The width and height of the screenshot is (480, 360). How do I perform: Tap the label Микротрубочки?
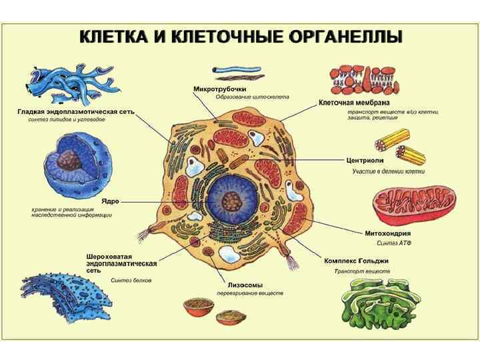coord(220,89)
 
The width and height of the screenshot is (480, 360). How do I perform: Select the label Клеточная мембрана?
coord(353,103)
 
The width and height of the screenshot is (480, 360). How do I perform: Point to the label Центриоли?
coord(365,161)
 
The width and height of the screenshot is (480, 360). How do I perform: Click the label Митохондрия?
coord(388,233)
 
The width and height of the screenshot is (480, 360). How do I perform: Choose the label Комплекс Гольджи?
coord(357,260)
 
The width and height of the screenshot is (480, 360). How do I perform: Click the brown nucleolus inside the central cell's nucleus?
coord(231,200)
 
